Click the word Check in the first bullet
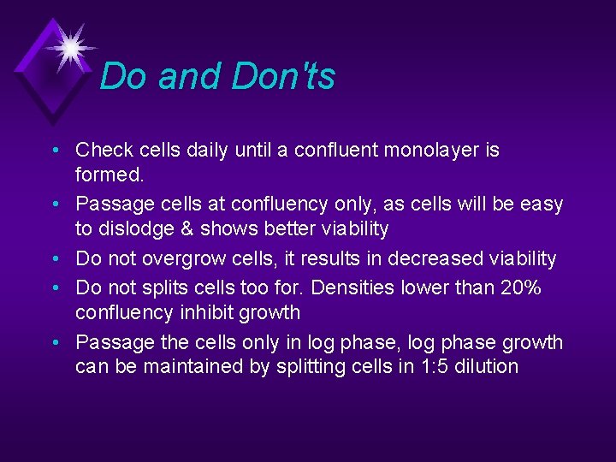click(x=105, y=151)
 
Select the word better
click(x=288, y=229)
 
